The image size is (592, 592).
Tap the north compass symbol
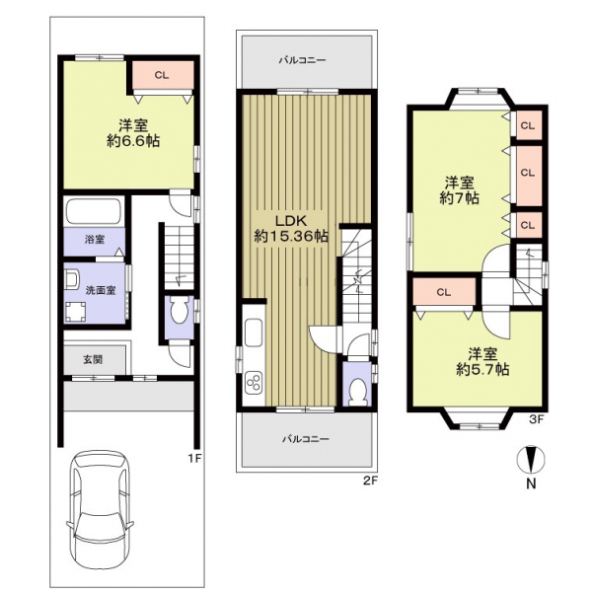pyautogui.click(x=531, y=460)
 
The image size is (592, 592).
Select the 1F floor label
pyautogui.click(x=196, y=458)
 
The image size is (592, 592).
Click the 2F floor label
pyautogui.click(x=370, y=481)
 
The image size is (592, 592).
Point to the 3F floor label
pyautogui.click(x=536, y=419)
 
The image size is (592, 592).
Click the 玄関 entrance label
pyautogui.click(x=93, y=359)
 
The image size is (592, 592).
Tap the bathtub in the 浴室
pyautogui.click(x=94, y=211)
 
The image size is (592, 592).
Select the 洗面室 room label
pyautogui.click(x=101, y=290)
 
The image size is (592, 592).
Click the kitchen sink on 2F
pyautogui.click(x=254, y=333)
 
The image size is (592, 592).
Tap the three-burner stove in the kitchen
pyautogui.click(x=254, y=382)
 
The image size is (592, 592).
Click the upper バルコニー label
pyautogui.click(x=303, y=60)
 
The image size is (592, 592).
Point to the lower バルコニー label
pyautogui.click(x=306, y=439)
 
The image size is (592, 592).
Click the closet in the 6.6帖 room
pyautogui.click(x=163, y=76)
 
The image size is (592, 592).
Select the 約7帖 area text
pyautogui.click(x=460, y=198)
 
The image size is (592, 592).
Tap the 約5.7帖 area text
pyautogui.click(x=482, y=369)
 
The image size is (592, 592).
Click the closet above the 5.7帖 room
pyautogui.click(x=444, y=292)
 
